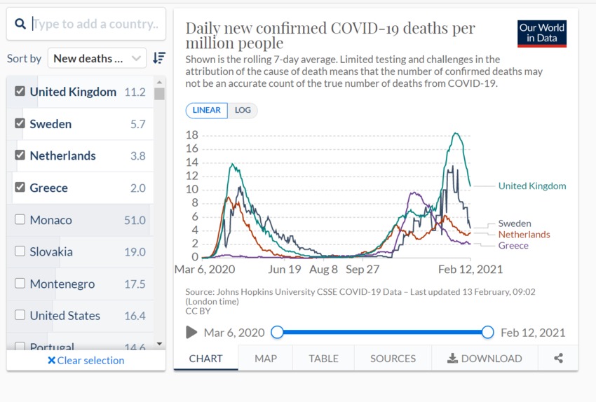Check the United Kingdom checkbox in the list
tap(20, 92)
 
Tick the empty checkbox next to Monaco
tap(20, 220)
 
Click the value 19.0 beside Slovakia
tap(135, 252)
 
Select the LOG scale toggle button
tap(243, 111)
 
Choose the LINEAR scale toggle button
tap(206, 111)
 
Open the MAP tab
tap(266, 359)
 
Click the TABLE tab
tap(323, 359)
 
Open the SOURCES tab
tap(393, 359)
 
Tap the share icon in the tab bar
tap(558, 359)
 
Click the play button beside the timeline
tap(191, 333)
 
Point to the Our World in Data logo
tap(542, 33)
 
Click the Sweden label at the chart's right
tap(514, 224)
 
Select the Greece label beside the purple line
tap(513, 246)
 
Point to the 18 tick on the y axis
tap(191, 135)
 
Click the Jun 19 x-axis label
tap(284, 270)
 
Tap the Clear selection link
tap(86, 361)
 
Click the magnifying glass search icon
tap(20, 24)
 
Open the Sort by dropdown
tap(97, 59)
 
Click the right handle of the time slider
tap(488, 333)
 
